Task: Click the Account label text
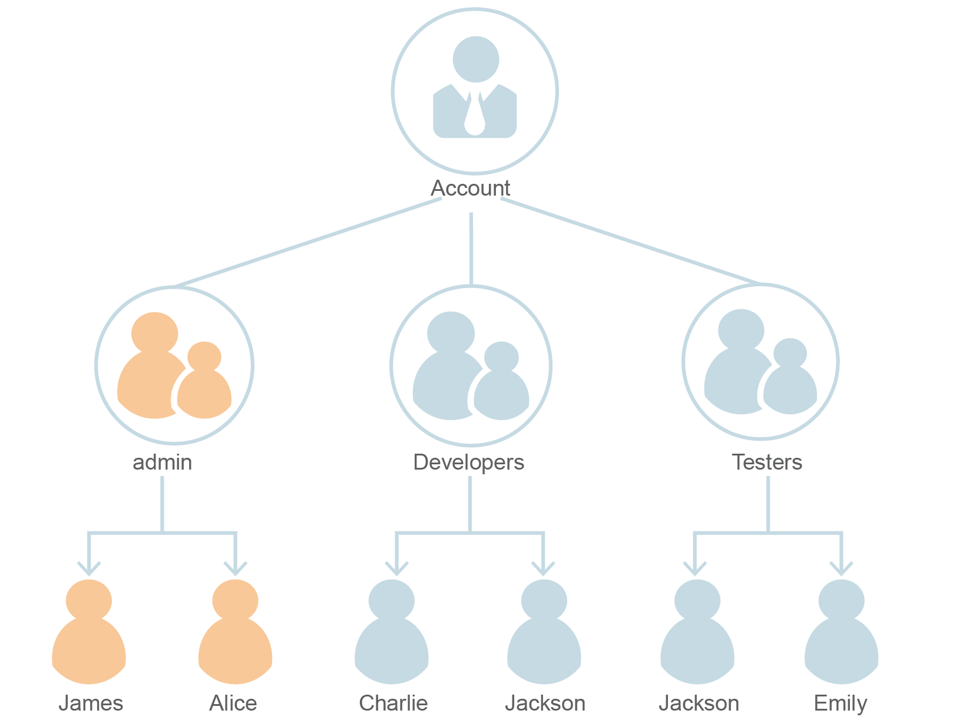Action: [470, 189]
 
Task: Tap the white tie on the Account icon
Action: [475, 115]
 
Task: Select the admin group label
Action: [162, 463]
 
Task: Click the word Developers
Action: [468, 463]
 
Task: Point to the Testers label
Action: [766, 463]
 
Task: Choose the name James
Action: [91, 704]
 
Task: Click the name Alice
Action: [233, 704]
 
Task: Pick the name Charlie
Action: [393, 704]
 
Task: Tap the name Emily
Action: [840, 704]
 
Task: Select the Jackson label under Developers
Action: [545, 704]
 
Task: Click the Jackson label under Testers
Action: [699, 704]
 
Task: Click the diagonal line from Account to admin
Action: [306, 243]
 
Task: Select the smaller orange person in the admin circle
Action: [204, 383]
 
